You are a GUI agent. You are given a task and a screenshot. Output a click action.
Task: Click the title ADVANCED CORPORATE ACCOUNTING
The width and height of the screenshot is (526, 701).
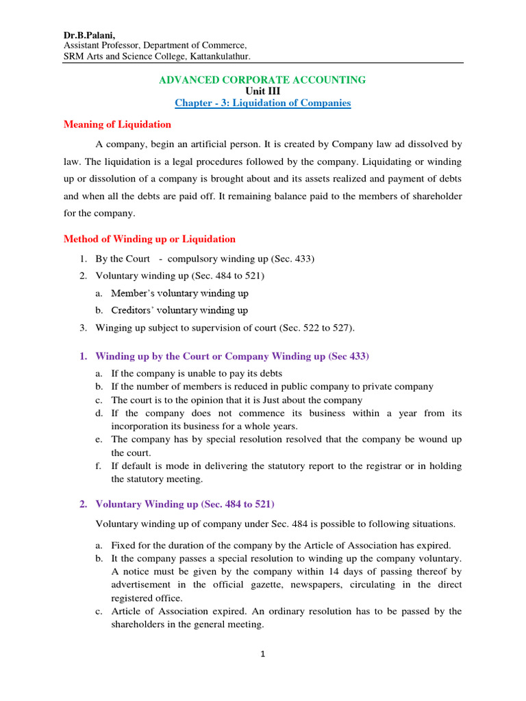[262, 80]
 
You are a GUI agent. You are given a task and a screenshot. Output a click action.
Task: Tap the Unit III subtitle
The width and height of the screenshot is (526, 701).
[262, 91]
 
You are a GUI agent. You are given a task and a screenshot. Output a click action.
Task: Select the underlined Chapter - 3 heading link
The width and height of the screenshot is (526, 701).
[262, 103]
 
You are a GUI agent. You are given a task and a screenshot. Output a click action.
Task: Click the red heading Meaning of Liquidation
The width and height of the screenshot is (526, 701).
[117, 125]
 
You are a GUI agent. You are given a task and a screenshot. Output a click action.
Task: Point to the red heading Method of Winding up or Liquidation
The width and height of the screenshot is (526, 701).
[149, 239]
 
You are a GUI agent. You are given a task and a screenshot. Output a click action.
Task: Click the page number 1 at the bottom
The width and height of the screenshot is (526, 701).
[262, 654]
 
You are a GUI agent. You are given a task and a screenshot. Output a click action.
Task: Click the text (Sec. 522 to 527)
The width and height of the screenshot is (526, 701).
[317, 328]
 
